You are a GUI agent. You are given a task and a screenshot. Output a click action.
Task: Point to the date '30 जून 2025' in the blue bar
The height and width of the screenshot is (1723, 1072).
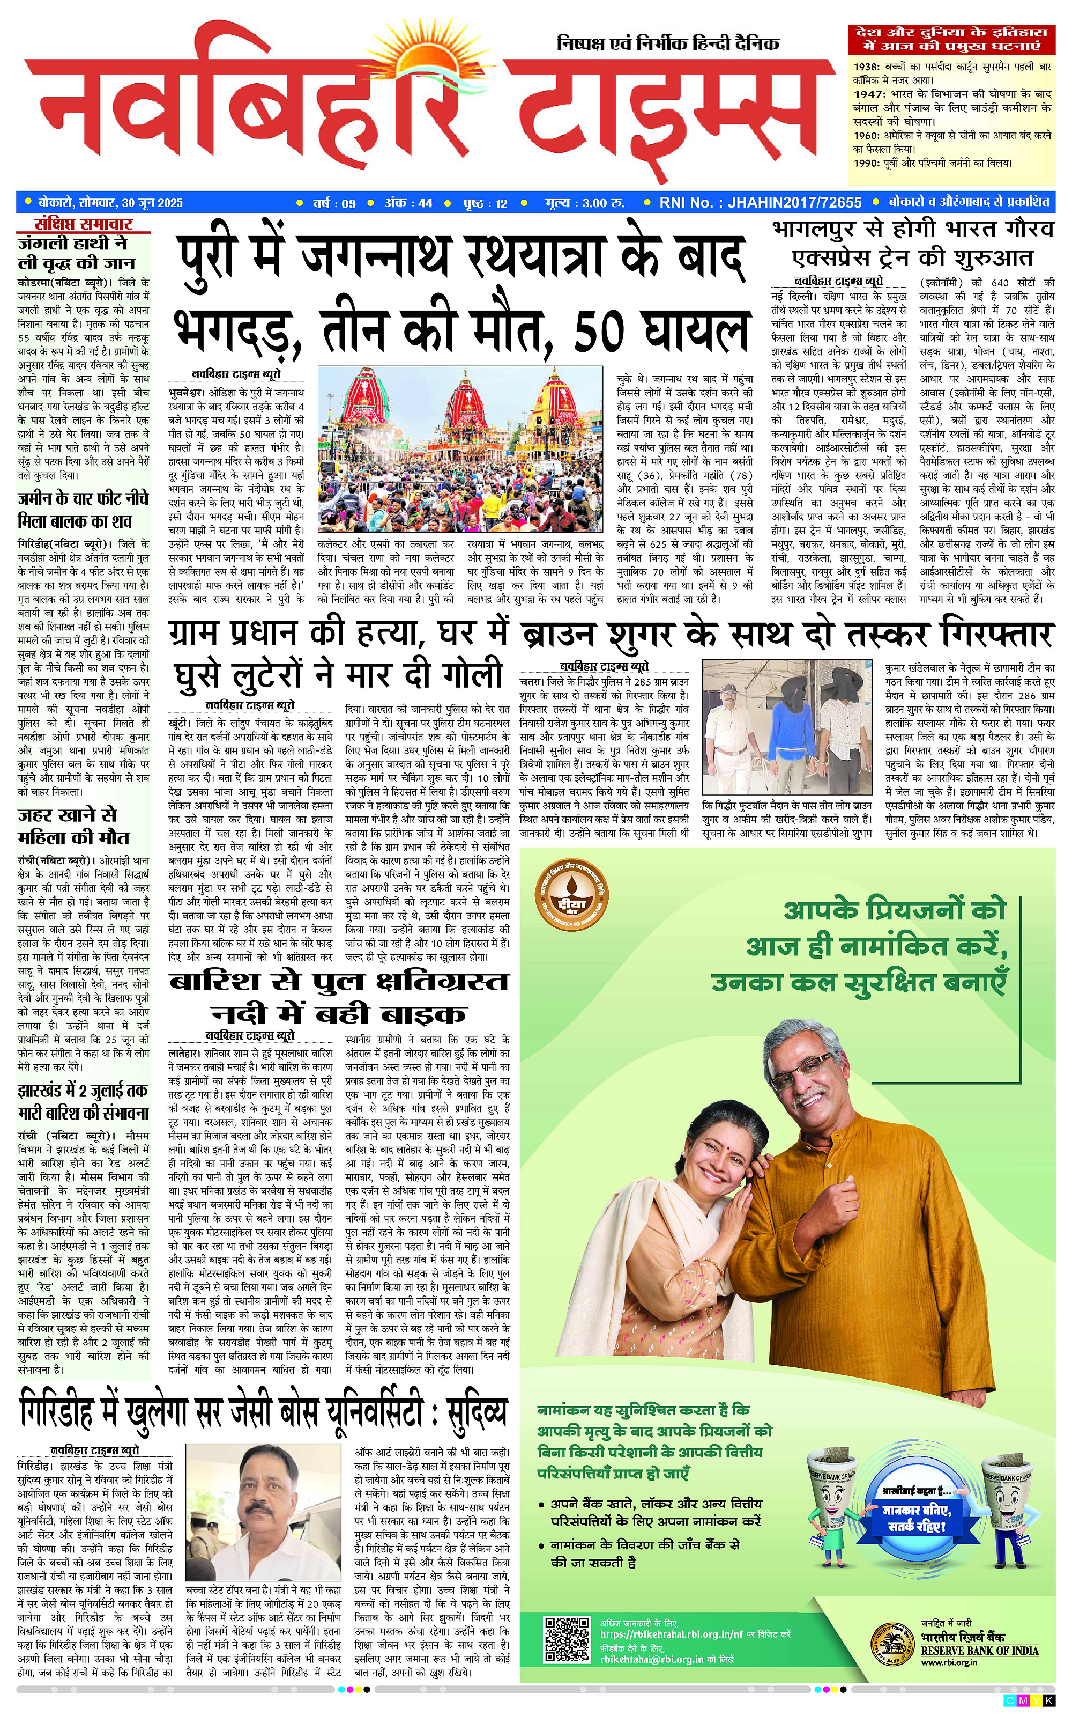coord(152,203)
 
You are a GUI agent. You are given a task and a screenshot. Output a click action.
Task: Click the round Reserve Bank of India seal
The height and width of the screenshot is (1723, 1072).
coord(892,1641)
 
